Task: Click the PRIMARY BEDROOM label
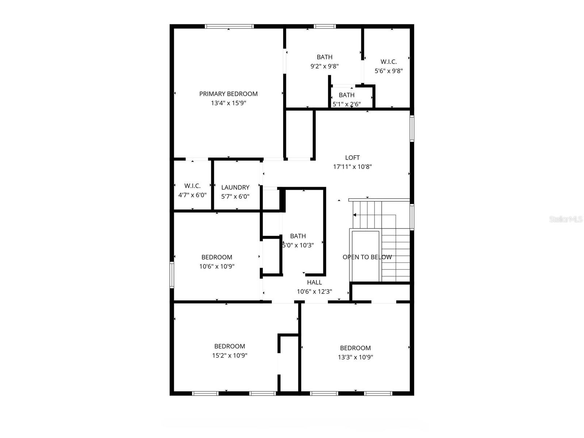coord(228,94)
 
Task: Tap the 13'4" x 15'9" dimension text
coord(228,103)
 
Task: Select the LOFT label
coord(352,158)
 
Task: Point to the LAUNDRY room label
coord(235,187)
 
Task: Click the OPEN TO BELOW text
coord(367,257)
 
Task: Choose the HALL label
coord(314,282)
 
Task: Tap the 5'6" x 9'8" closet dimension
coord(389,71)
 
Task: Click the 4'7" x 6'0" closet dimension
coord(192,195)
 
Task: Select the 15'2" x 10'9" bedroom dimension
coord(230,355)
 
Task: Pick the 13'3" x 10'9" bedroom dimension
coord(355,357)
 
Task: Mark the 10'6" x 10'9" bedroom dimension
coord(217,266)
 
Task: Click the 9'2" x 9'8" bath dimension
coord(324,66)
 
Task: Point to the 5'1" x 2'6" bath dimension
coord(346,104)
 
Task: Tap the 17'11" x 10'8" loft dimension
coord(352,166)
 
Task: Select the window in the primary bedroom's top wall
coord(229,26)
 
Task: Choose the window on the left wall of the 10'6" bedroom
coord(172,275)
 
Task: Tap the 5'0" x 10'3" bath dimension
coord(298,245)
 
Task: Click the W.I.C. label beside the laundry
coord(192,186)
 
